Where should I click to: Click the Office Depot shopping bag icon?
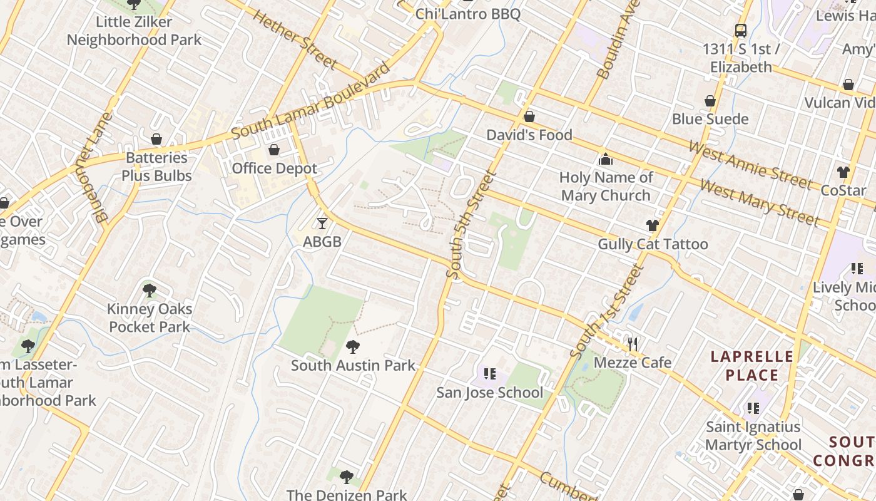point(273,150)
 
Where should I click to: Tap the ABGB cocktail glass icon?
point(322,223)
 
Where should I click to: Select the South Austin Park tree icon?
point(353,346)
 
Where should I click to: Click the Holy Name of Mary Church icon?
point(605,159)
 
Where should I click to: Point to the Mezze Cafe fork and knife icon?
point(633,344)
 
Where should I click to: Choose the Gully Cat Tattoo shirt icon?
point(653,225)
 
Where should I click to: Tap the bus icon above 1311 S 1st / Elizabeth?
point(740,30)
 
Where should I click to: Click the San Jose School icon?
point(489,374)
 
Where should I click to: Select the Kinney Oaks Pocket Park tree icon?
point(149,290)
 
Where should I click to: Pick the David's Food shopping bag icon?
point(529,116)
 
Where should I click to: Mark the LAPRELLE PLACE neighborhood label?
point(751,366)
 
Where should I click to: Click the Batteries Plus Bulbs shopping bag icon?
point(156,139)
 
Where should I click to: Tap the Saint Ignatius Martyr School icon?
point(753,408)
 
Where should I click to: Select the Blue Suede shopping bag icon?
point(710,101)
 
